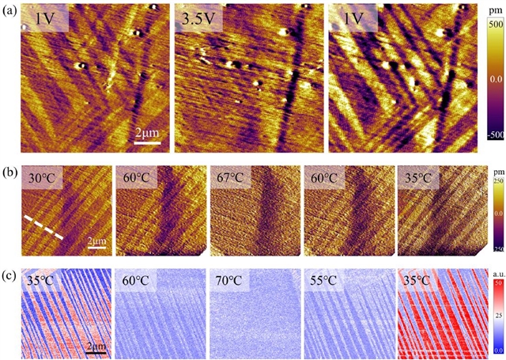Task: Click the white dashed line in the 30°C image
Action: pyautogui.click(x=43, y=227)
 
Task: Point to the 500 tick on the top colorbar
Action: pyautogui.click(x=496, y=25)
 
